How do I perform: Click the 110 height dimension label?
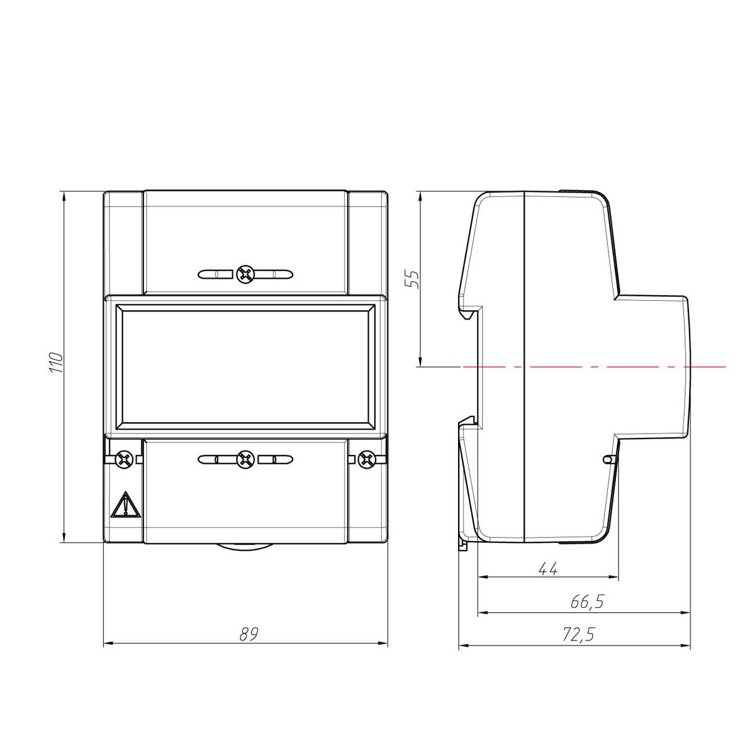pos(57,362)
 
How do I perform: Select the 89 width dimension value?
pos(249,634)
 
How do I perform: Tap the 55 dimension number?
pos(411,279)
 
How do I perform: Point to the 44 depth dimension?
pos(548,569)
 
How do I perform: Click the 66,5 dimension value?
pos(586,601)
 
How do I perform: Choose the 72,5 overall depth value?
pos(578,634)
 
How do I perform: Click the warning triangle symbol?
pos(125,505)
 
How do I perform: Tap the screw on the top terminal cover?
pos(245,274)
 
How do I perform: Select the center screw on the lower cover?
pos(245,459)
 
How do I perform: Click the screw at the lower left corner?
pos(125,459)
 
